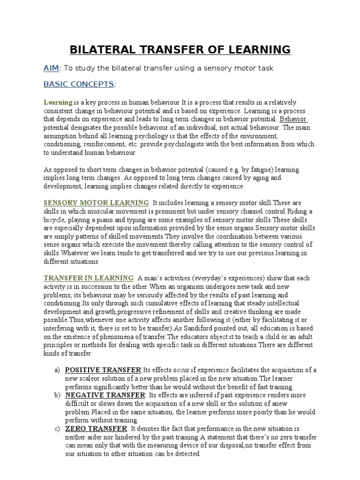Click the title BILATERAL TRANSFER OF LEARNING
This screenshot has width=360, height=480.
click(x=180, y=49)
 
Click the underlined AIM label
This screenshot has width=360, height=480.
click(x=51, y=68)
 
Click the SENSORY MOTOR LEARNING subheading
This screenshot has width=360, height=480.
click(x=96, y=202)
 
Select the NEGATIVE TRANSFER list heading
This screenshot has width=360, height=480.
click(x=105, y=396)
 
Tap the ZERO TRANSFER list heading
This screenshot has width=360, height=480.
click(x=96, y=429)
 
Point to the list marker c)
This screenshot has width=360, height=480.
click(x=57, y=429)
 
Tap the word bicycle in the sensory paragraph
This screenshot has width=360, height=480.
click(x=55, y=219)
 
